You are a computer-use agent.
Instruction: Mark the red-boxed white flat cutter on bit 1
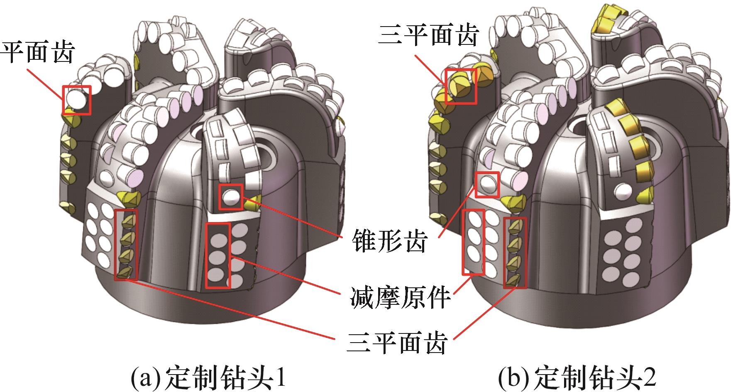click(76, 100)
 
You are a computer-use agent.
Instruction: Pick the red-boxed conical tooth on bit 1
click(231, 196)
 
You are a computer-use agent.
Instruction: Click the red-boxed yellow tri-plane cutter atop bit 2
click(461, 87)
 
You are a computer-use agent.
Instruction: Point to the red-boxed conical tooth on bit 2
click(487, 184)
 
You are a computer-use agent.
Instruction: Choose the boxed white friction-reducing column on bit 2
click(474, 242)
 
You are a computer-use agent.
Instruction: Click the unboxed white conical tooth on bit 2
click(623, 190)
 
